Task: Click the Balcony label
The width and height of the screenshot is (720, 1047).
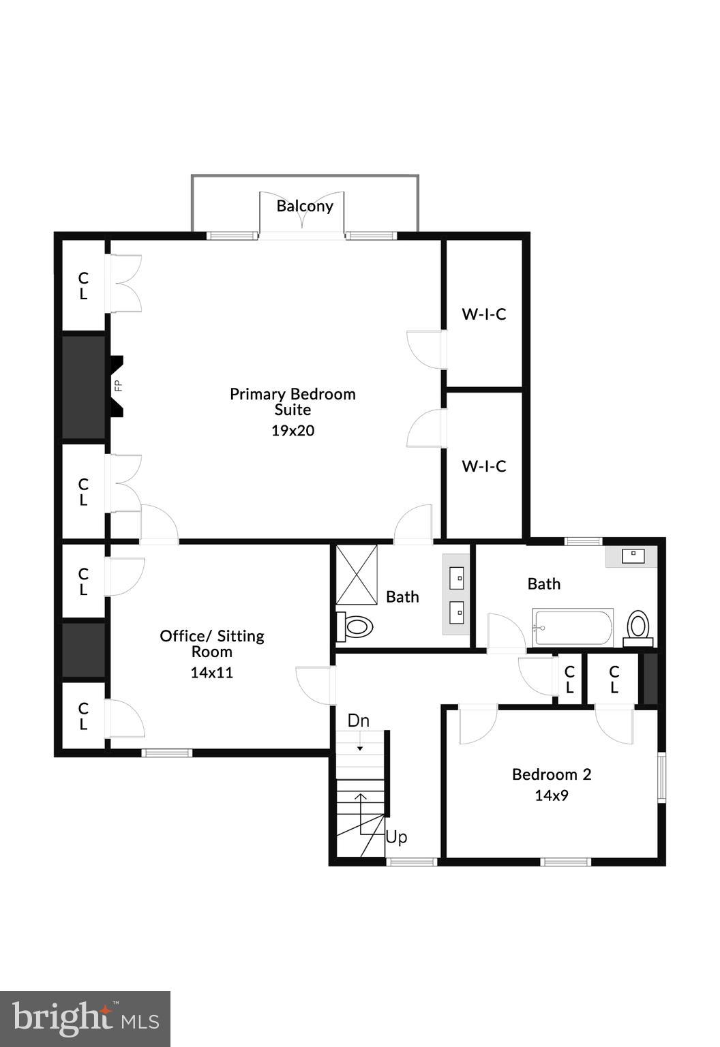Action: point(305,206)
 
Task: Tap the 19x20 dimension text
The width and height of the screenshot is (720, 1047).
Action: point(292,431)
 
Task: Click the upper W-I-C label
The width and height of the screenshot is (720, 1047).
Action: point(484,314)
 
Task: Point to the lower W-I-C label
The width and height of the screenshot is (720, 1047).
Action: point(484,466)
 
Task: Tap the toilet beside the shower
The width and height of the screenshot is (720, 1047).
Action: point(355,626)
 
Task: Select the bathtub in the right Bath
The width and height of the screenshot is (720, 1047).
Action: point(573,627)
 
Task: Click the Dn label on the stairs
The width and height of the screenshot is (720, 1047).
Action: point(359,720)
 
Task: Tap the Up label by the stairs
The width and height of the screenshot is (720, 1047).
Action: point(396,837)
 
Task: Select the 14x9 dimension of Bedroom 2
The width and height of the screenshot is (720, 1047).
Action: point(552,795)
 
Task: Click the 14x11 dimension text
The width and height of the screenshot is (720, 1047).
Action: point(211,673)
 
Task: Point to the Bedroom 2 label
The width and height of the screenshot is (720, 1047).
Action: point(552,774)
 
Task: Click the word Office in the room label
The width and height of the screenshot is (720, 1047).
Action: point(183,636)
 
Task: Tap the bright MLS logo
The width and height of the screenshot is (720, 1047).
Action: point(85,1019)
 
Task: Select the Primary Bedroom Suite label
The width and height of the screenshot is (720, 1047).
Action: point(292,401)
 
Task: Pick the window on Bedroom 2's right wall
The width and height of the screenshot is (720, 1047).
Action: point(661,776)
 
